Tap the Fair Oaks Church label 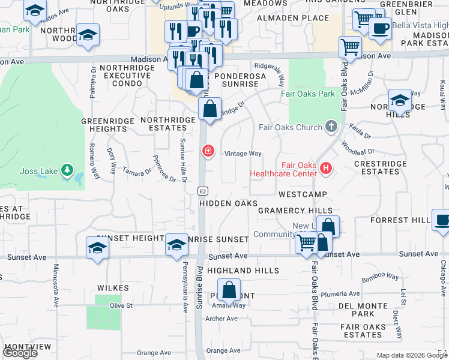point(291,127)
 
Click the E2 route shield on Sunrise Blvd point(203,190)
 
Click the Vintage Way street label point(243,154)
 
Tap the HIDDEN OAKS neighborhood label point(228,203)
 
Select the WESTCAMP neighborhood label point(303,194)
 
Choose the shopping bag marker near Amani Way point(229,291)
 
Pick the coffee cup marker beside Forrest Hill point(442,220)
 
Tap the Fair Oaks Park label point(308,94)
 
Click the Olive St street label point(121,305)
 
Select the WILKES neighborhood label point(113,288)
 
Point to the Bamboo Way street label point(381,277)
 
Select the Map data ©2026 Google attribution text point(411,355)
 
